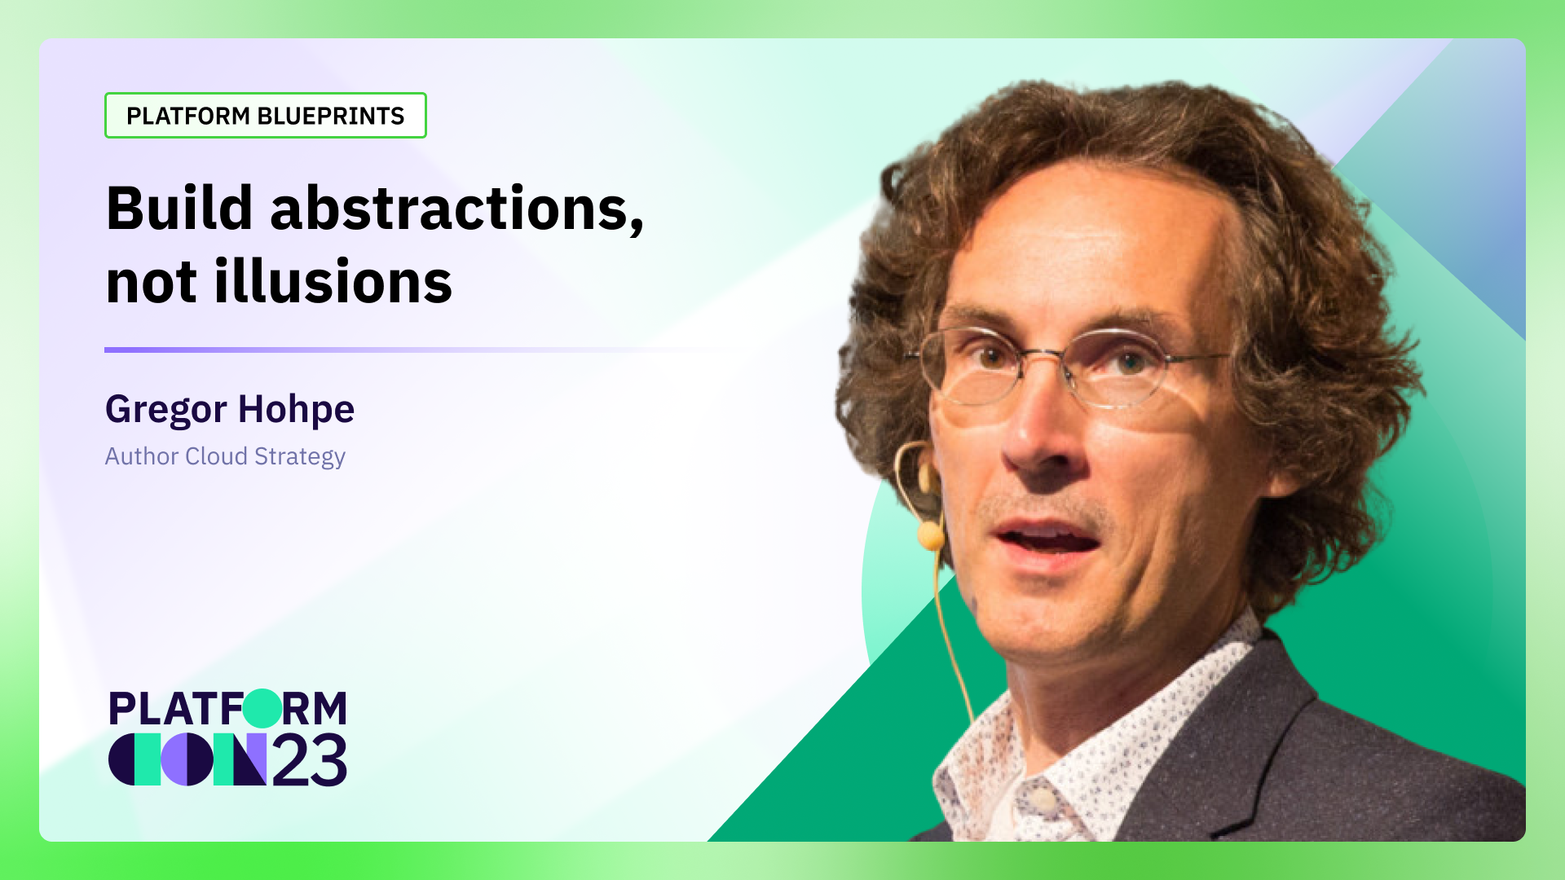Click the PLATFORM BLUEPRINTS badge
265,116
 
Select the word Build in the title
179,209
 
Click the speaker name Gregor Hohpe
229,409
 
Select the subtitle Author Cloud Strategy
225,456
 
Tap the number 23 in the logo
310,761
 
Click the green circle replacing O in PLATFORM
262,708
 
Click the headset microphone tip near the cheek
930,535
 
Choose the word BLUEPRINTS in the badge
330,116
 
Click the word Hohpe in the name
296,409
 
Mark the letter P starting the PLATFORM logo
121,709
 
